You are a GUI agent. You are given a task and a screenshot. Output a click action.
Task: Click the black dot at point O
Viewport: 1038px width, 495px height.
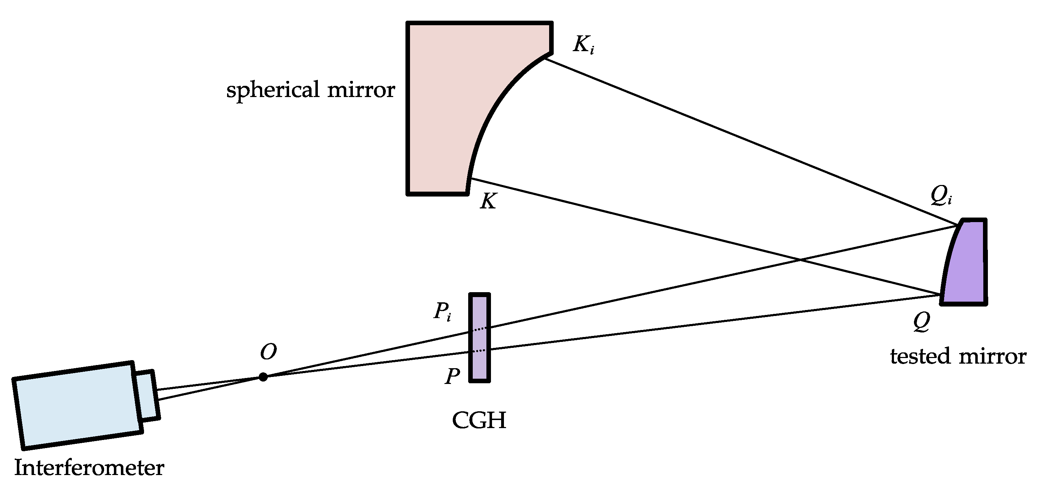tap(263, 377)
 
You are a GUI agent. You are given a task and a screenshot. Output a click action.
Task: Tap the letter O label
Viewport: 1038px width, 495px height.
tap(268, 352)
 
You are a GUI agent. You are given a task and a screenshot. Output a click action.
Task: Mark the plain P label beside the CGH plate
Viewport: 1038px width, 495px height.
tap(452, 376)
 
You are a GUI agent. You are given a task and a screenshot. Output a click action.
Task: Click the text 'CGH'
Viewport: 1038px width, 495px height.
tap(479, 420)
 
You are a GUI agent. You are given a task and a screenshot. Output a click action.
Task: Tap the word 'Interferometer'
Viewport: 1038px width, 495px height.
tap(89, 468)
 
